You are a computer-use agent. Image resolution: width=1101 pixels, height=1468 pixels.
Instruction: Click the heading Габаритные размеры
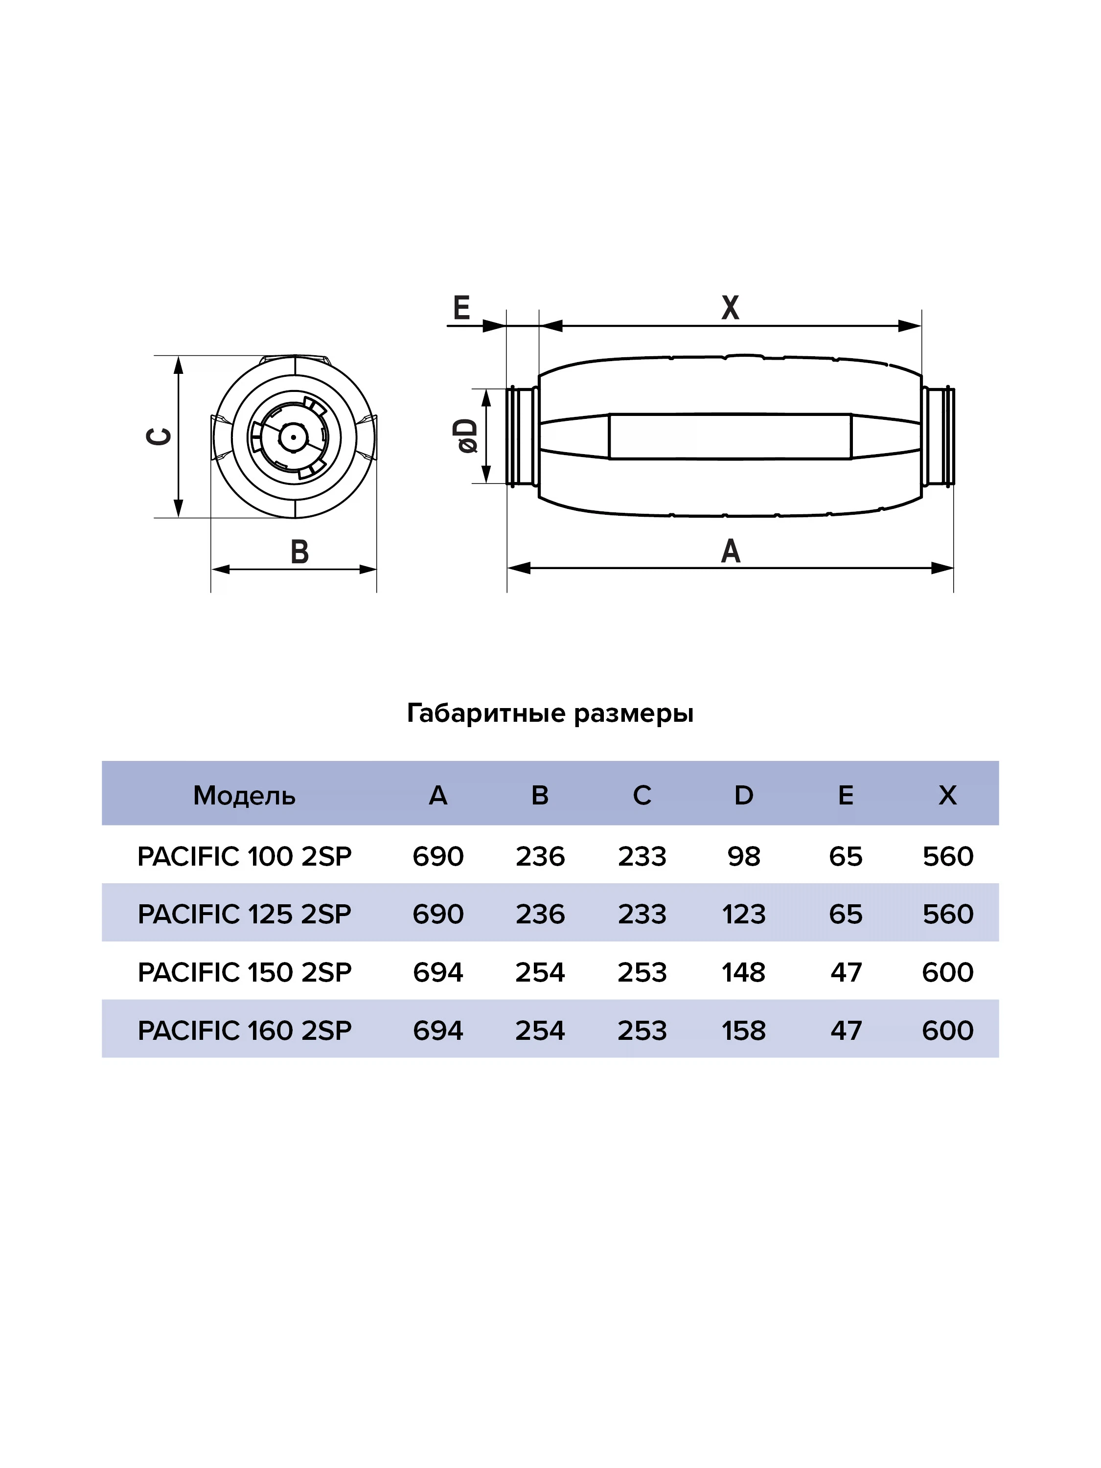click(x=550, y=714)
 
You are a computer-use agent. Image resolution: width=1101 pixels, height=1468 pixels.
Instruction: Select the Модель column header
click(x=244, y=795)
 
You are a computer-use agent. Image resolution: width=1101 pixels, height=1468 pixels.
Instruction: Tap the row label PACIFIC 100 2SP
click(x=244, y=856)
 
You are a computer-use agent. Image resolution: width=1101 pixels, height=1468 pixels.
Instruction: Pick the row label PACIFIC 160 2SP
click(x=244, y=1030)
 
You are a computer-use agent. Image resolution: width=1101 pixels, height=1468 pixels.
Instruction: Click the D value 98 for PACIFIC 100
click(x=744, y=856)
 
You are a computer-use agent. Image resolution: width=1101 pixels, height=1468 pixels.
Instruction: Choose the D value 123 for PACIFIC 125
click(x=744, y=914)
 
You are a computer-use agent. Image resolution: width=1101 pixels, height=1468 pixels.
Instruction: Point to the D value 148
click(x=744, y=972)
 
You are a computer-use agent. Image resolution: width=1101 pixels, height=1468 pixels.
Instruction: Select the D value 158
click(x=744, y=1030)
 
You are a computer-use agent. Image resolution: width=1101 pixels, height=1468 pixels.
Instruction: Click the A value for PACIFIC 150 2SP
click(x=438, y=972)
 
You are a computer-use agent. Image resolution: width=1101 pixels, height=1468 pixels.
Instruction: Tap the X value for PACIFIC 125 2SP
click(x=948, y=914)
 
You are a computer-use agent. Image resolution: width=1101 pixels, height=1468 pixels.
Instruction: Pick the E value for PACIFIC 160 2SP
click(x=846, y=1030)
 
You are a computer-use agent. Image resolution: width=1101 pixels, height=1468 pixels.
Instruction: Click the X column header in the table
click(x=948, y=795)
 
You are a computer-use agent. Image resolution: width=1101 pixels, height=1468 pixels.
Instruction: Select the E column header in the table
click(x=846, y=795)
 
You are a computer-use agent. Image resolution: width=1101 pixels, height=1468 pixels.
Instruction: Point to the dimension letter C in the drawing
click(x=159, y=436)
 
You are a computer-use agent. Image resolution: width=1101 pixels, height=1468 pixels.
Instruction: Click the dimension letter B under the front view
click(x=300, y=551)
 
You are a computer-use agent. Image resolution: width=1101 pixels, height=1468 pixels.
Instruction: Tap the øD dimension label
click(x=467, y=436)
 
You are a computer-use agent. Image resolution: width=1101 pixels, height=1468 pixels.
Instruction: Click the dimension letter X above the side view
click(x=730, y=308)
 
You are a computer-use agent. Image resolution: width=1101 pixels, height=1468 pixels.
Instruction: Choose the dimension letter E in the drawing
click(x=462, y=308)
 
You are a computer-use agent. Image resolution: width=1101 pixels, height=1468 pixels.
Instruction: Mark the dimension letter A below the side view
click(x=731, y=551)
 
